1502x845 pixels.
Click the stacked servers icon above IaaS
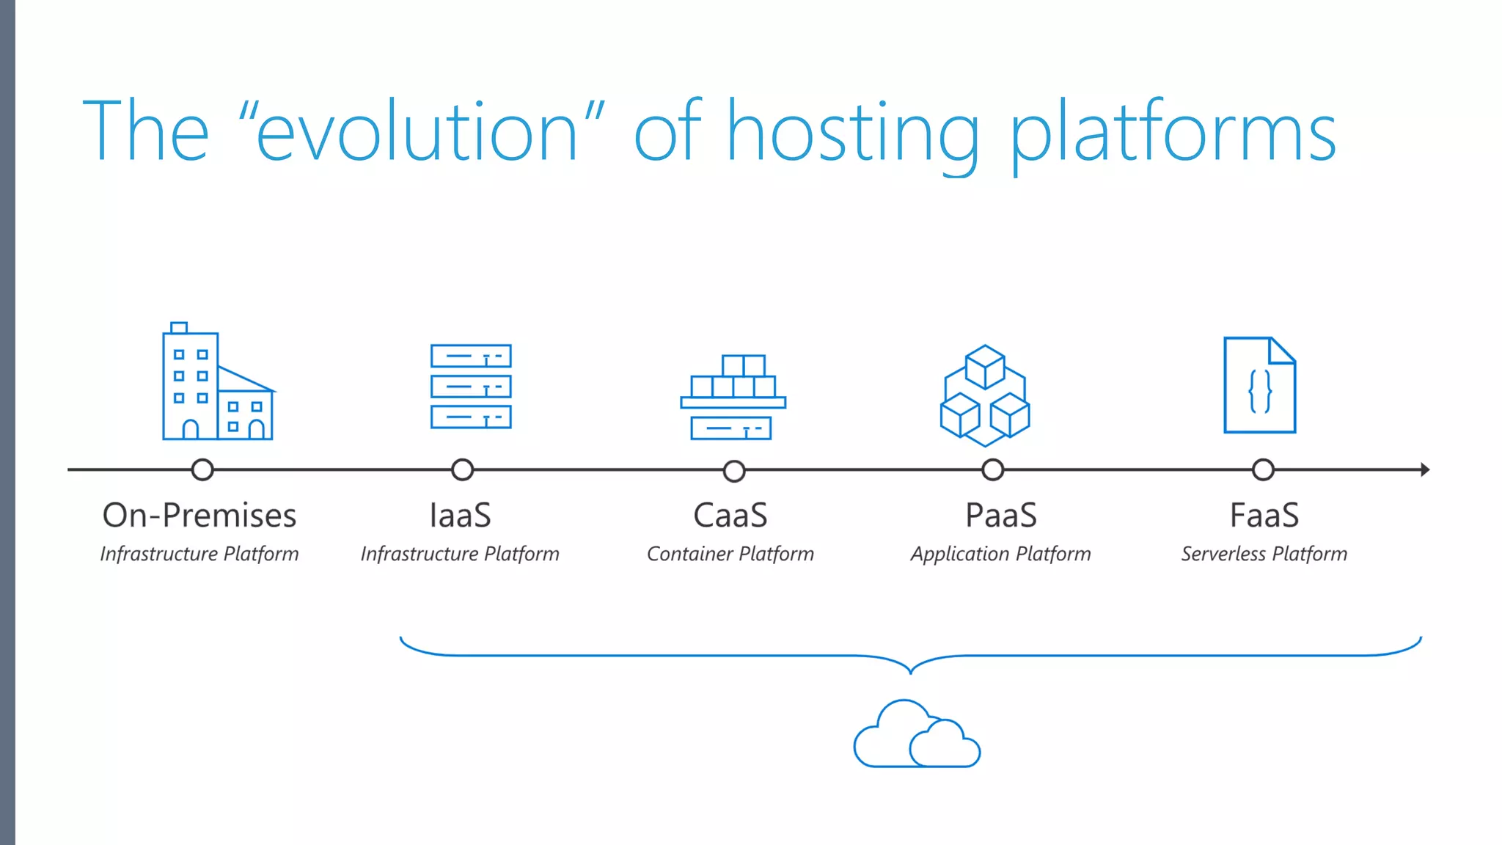pos(471,387)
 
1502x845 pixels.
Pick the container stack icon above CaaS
pos(733,398)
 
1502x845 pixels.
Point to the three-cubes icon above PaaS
pos(985,396)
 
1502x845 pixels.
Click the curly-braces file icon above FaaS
pos(1259,386)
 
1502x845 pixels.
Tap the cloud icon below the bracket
pos(916,736)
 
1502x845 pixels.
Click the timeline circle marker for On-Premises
pos(202,469)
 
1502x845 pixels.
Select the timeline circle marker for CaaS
pos(733,470)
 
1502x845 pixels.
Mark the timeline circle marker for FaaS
pos(1263,469)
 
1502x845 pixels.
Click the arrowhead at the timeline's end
pos(1424,469)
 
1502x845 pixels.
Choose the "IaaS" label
pos(460,515)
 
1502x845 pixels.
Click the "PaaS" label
pos(1001,515)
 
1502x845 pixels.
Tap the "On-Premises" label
pos(199,515)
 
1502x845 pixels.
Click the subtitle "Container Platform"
pos(730,554)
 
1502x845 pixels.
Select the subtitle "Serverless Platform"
pos(1264,554)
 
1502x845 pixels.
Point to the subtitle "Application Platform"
pos(1000,554)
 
